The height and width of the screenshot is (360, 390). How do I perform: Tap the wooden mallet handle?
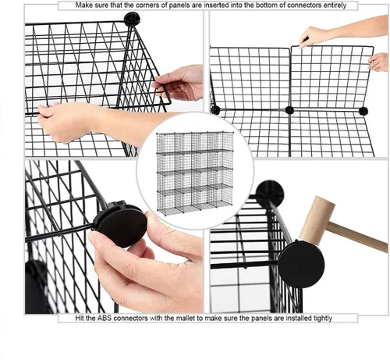[x=358, y=237]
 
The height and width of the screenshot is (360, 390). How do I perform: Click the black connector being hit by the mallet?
[x=301, y=264]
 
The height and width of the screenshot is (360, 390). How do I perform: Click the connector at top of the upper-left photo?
[x=132, y=19]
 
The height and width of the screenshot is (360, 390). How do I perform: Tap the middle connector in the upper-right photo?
[x=289, y=110]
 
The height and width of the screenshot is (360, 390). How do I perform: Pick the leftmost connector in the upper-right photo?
[x=215, y=110]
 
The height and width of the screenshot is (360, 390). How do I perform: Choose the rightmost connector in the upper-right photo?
[x=363, y=111]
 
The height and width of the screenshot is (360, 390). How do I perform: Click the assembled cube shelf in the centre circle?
[x=195, y=173]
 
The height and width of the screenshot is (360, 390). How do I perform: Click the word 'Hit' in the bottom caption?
[x=80, y=318]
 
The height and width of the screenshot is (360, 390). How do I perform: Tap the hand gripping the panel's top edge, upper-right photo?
[x=314, y=36]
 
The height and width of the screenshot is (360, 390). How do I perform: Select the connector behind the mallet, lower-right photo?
[x=270, y=191]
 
